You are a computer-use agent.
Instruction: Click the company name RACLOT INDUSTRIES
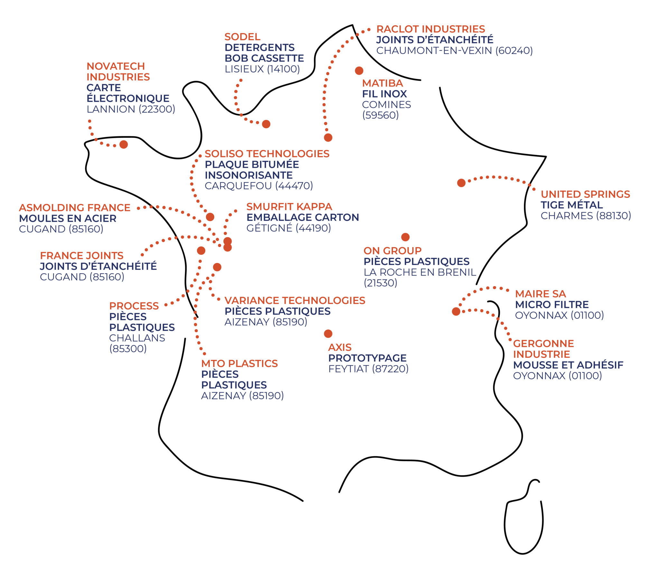431,29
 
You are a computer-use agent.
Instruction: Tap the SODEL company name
242,37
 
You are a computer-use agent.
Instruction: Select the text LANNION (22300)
131,109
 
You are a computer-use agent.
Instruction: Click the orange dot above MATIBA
359,71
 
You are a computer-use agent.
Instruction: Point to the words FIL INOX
385,94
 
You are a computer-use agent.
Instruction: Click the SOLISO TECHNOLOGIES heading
267,154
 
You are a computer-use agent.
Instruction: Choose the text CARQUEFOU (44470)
259,186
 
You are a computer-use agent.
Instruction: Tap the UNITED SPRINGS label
585,194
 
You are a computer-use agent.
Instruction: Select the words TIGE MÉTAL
572,205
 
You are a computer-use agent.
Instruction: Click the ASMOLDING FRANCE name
75,208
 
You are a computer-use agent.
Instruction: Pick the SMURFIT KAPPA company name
289,207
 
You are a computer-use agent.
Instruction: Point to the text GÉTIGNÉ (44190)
289,228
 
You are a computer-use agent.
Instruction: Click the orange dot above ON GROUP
405,237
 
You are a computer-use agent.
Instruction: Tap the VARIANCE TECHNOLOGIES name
295,301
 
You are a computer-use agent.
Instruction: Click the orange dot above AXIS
328,334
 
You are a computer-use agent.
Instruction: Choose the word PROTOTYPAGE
367,358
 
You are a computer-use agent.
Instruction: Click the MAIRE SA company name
540,294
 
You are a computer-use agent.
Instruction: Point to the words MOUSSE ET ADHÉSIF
568,365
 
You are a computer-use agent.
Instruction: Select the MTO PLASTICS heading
239,364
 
